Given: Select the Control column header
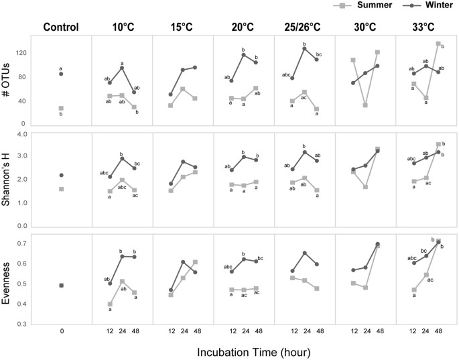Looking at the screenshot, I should [61, 27].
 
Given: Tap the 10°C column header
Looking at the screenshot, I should [122, 27].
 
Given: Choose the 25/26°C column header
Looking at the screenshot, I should [304, 27].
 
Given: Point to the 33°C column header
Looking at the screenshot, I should [426, 27].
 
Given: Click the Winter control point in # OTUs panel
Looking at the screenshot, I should [61, 74].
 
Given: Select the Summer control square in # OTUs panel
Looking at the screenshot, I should [61, 108].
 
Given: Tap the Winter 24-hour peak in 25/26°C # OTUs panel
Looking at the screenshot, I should [304, 48].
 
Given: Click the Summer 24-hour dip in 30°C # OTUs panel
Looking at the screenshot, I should [365, 105].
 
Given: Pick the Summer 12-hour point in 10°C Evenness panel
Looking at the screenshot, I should [110, 304].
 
